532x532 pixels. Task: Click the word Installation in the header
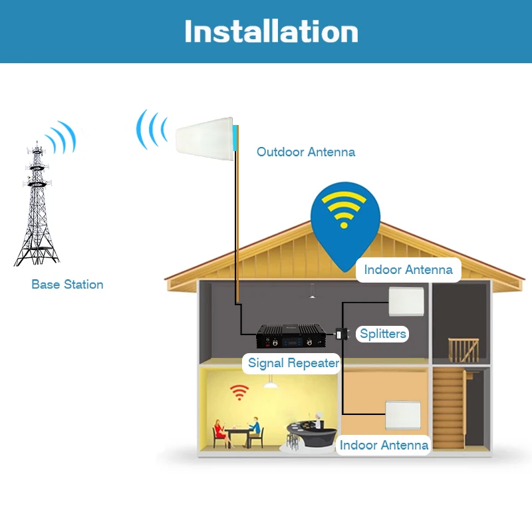(x=271, y=32)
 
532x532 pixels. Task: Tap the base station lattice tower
(x=37, y=206)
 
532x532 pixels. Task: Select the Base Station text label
(x=67, y=285)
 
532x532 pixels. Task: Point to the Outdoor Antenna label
(x=306, y=152)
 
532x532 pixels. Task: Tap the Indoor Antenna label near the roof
(x=408, y=270)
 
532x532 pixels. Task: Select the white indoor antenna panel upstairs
(x=407, y=301)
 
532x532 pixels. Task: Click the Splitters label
(x=383, y=334)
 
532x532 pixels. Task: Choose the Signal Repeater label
(x=293, y=363)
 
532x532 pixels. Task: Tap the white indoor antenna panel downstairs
(x=403, y=416)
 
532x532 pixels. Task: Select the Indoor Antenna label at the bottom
(x=384, y=445)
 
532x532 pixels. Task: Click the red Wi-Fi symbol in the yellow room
(x=238, y=392)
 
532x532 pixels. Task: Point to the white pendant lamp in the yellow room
(x=270, y=384)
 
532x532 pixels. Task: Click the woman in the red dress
(x=218, y=431)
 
